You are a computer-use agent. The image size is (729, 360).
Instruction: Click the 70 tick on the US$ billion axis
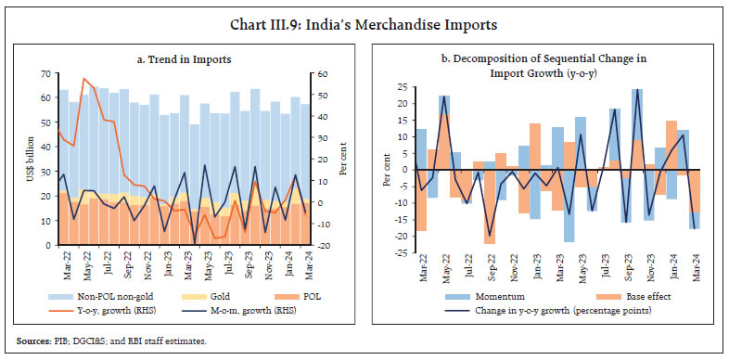point(46,73)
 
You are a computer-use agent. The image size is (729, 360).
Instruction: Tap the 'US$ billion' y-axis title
point(31,159)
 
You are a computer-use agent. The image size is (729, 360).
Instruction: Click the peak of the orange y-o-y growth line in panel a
point(84,79)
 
